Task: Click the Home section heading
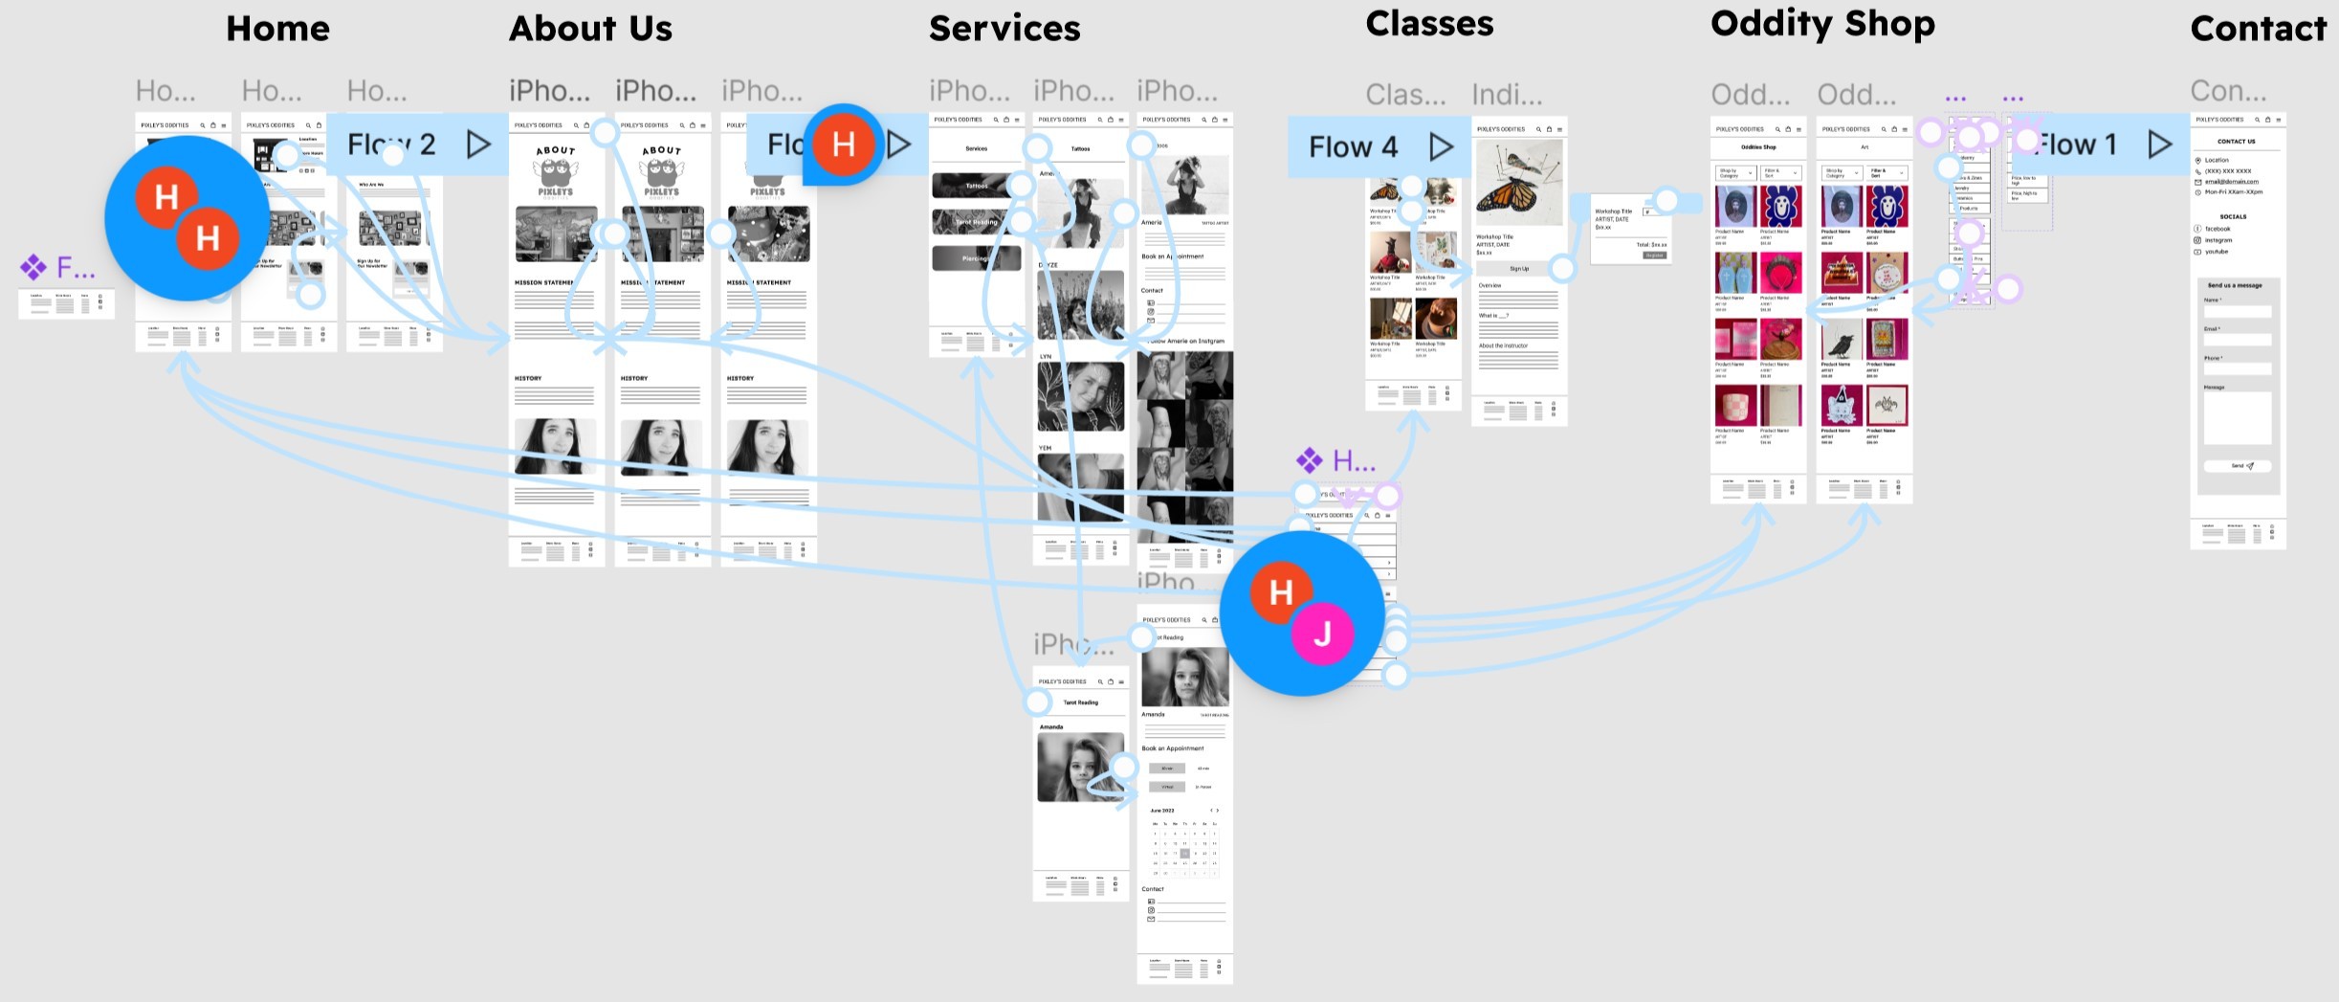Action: pyautogui.click(x=277, y=29)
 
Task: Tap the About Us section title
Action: pyautogui.click(x=590, y=29)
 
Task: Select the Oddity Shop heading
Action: pyautogui.click(x=1821, y=24)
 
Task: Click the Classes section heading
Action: pyautogui.click(x=1429, y=24)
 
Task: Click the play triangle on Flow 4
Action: pyautogui.click(x=1441, y=146)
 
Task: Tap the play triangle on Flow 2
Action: pyautogui.click(x=478, y=145)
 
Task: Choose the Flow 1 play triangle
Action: pyautogui.click(x=2159, y=145)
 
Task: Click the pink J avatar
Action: pyautogui.click(x=1322, y=634)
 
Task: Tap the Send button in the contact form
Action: pyautogui.click(x=2237, y=466)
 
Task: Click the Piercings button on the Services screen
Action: pyautogui.click(x=976, y=258)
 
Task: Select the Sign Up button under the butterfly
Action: pyautogui.click(x=1518, y=269)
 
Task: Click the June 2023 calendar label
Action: pyautogui.click(x=1162, y=811)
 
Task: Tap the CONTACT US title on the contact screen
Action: pyautogui.click(x=2236, y=142)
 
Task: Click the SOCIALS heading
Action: pyautogui.click(x=2233, y=217)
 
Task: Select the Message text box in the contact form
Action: pyautogui.click(x=2237, y=418)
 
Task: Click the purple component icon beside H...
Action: pyautogui.click(x=1309, y=460)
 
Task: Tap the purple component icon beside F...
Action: pyautogui.click(x=33, y=267)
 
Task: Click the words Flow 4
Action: pyautogui.click(x=1353, y=146)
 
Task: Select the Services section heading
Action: pyautogui.click(x=1004, y=29)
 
